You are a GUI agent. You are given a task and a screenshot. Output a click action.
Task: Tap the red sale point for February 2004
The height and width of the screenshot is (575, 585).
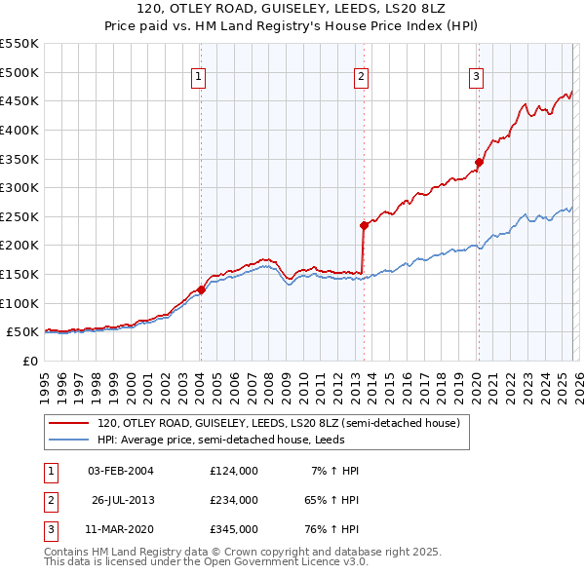click(x=201, y=288)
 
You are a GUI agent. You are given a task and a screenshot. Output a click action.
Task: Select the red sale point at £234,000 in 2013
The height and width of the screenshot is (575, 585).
click(x=364, y=225)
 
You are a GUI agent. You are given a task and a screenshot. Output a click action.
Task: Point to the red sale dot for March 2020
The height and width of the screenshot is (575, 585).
click(x=479, y=162)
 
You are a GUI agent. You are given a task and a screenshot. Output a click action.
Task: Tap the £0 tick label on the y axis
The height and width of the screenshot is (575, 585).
click(x=29, y=361)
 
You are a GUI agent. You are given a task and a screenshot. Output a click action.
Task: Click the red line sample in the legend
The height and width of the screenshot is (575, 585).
click(x=69, y=424)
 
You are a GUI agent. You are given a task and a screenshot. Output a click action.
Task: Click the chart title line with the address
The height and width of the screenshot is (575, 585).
click(x=292, y=12)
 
